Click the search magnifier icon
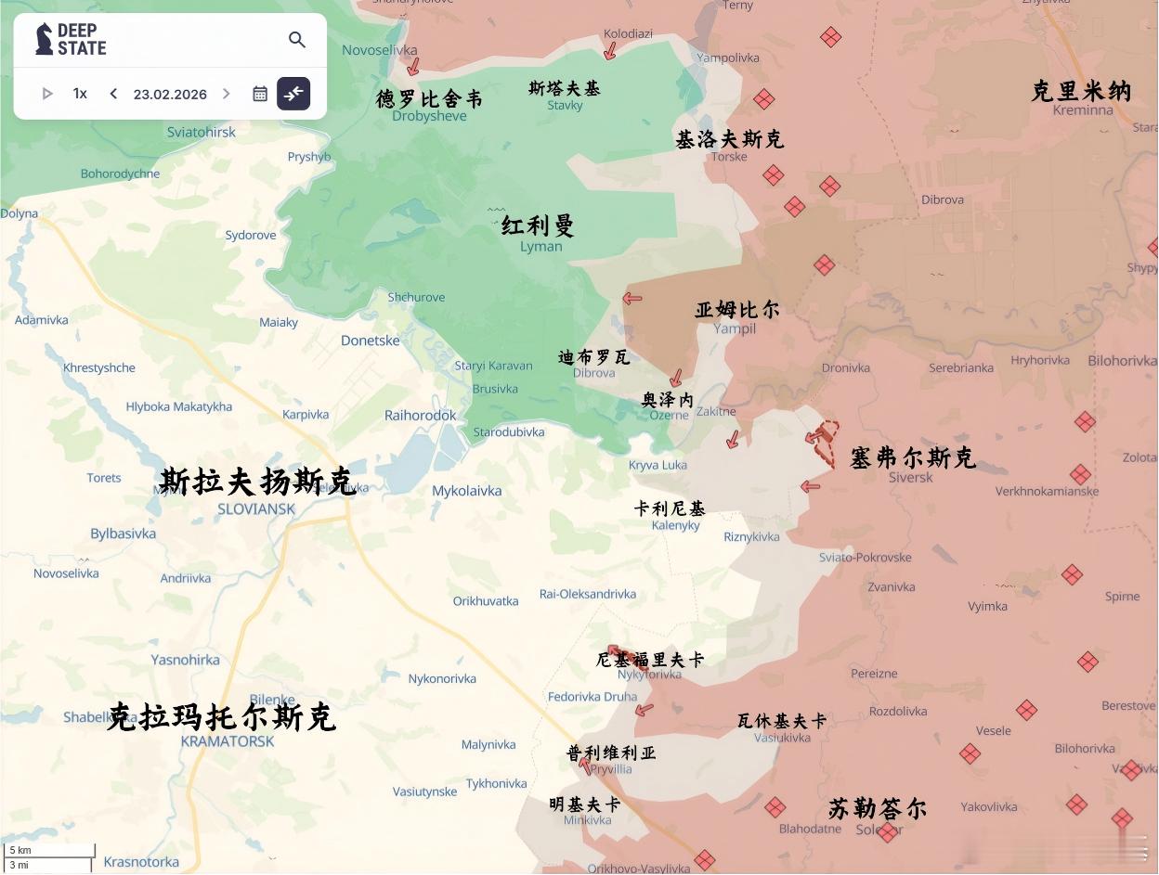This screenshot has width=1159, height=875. tap(297, 40)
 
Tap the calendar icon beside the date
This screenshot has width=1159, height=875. tap(260, 94)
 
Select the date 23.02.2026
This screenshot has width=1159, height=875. tap(170, 94)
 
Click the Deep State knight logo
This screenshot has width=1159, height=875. tap(44, 39)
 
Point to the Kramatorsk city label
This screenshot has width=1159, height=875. tap(228, 741)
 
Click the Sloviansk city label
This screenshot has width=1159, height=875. tap(256, 508)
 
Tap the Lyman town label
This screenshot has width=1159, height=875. tap(540, 246)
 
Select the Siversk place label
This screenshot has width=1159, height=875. tap(910, 477)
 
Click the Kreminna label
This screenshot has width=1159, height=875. tap(1083, 109)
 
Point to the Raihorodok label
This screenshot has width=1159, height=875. tap(421, 415)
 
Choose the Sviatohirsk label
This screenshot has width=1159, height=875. tap(202, 132)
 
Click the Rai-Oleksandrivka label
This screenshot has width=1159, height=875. tap(588, 594)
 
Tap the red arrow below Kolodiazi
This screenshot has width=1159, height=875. tap(610, 50)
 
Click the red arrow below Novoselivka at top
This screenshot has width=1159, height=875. tap(413, 66)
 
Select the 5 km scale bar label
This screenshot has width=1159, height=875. tap(20, 850)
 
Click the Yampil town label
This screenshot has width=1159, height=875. tap(735, 328)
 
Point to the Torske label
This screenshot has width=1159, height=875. tap(729, 156)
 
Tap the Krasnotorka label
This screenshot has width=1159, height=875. tap(141, 861)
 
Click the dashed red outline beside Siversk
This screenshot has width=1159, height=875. tap(825, 441)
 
